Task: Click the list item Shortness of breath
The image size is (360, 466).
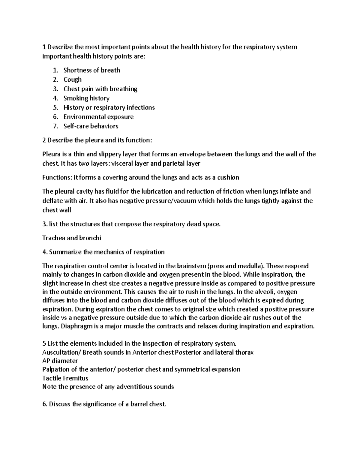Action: [91, 70]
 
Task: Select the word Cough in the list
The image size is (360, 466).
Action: [72, 80]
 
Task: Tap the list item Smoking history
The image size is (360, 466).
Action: [86, 98]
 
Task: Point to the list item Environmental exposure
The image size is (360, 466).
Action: [98, 117]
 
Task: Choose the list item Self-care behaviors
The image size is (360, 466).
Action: [91, 126]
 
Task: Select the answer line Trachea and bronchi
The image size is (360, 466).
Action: [72, 238]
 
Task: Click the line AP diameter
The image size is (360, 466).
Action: [60, 361]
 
